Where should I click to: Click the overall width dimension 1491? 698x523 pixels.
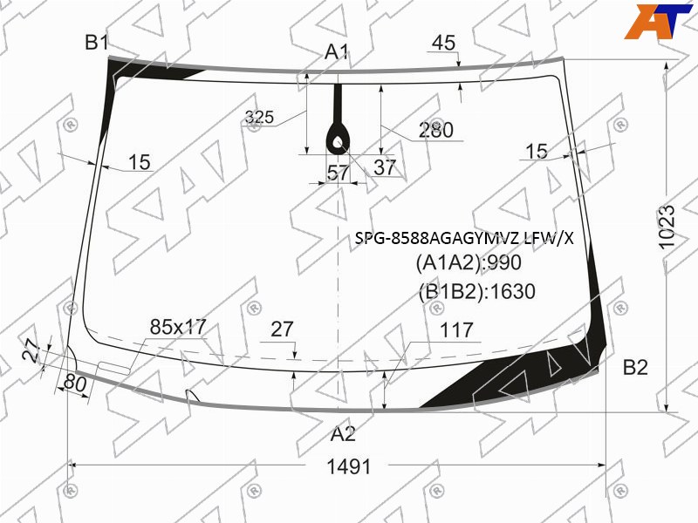tap(348, 467)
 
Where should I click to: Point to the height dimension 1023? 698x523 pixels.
tap(667, 227)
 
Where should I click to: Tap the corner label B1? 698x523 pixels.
tap(97, 43)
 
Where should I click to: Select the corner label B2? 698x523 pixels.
tap(635, 368)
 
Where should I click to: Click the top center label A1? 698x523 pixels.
tap(337, 52)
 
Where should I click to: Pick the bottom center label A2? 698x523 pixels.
tap(343, 433)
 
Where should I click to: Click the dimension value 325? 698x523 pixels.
tap(259, 117)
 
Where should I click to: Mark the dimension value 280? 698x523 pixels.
tap(435, 130)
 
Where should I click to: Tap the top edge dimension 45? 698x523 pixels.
tap(444, 43)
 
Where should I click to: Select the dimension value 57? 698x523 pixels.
tap(339, 172)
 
